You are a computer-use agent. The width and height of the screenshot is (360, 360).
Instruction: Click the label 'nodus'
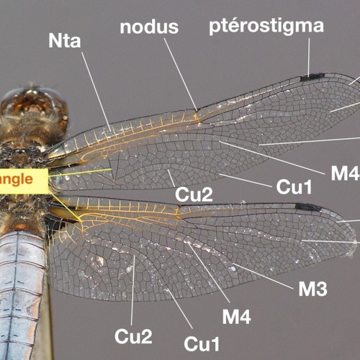click(x=149, y=27)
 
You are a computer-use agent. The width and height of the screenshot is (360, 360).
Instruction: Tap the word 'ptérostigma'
click(x=266, y=27)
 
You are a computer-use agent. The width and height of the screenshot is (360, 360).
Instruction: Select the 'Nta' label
click(x=65, y=41)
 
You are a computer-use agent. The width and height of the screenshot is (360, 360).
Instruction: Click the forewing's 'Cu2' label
click(x=194, y=194)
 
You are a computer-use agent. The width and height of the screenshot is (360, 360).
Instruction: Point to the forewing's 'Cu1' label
click(x=294, y=187)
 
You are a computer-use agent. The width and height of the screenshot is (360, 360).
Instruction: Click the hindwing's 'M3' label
click(x=312, y=289)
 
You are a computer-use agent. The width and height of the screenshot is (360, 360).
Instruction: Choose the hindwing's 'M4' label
click(x=236, y=317)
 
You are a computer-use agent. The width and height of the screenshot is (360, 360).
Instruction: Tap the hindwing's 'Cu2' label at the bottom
click(x=133, y=336)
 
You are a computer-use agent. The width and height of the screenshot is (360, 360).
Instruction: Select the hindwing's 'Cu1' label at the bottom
click(x=202, y=344)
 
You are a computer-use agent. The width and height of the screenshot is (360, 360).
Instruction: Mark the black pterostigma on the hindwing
click(x=307, y=207)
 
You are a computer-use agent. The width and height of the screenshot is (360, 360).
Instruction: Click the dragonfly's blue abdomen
click(x=22, y=295)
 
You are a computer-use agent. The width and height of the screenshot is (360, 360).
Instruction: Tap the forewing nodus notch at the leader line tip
click(x=197, y=111)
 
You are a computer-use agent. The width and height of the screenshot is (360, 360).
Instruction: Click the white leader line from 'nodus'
click(x=181, y=74)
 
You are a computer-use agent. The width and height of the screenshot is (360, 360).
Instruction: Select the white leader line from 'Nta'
click(x=96, y=91)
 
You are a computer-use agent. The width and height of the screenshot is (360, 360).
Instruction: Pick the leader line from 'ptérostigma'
click(x=309, y=56)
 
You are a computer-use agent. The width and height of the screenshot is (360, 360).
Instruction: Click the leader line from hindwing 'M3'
click(x=263, y=276)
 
